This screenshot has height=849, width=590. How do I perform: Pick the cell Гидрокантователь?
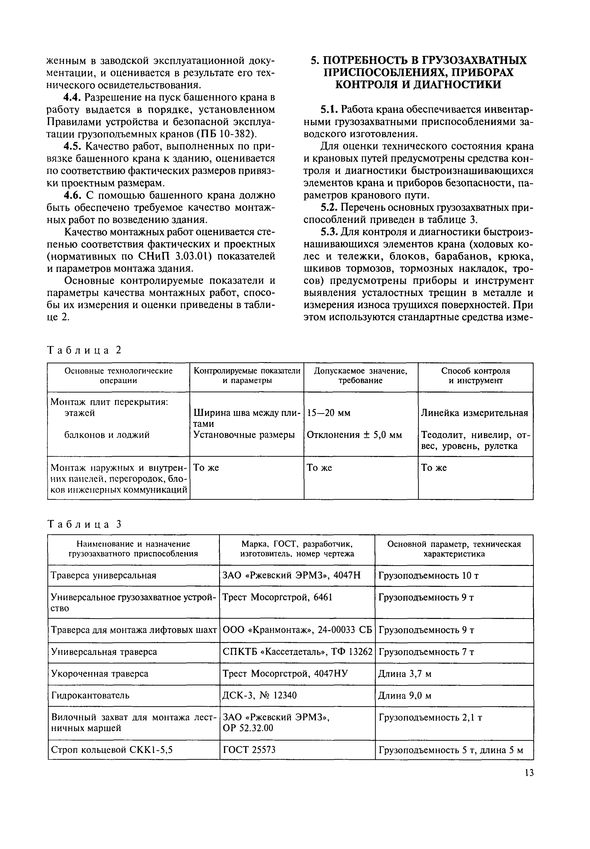click(x=90, y=696)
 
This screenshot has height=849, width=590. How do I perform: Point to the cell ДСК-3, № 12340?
click(x=259, y=696)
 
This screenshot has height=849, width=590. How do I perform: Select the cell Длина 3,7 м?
click(x=405, y=674)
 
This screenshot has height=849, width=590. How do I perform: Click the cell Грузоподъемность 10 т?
click(x=429, y=575)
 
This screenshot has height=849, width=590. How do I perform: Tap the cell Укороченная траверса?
click(x=100, y=674)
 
